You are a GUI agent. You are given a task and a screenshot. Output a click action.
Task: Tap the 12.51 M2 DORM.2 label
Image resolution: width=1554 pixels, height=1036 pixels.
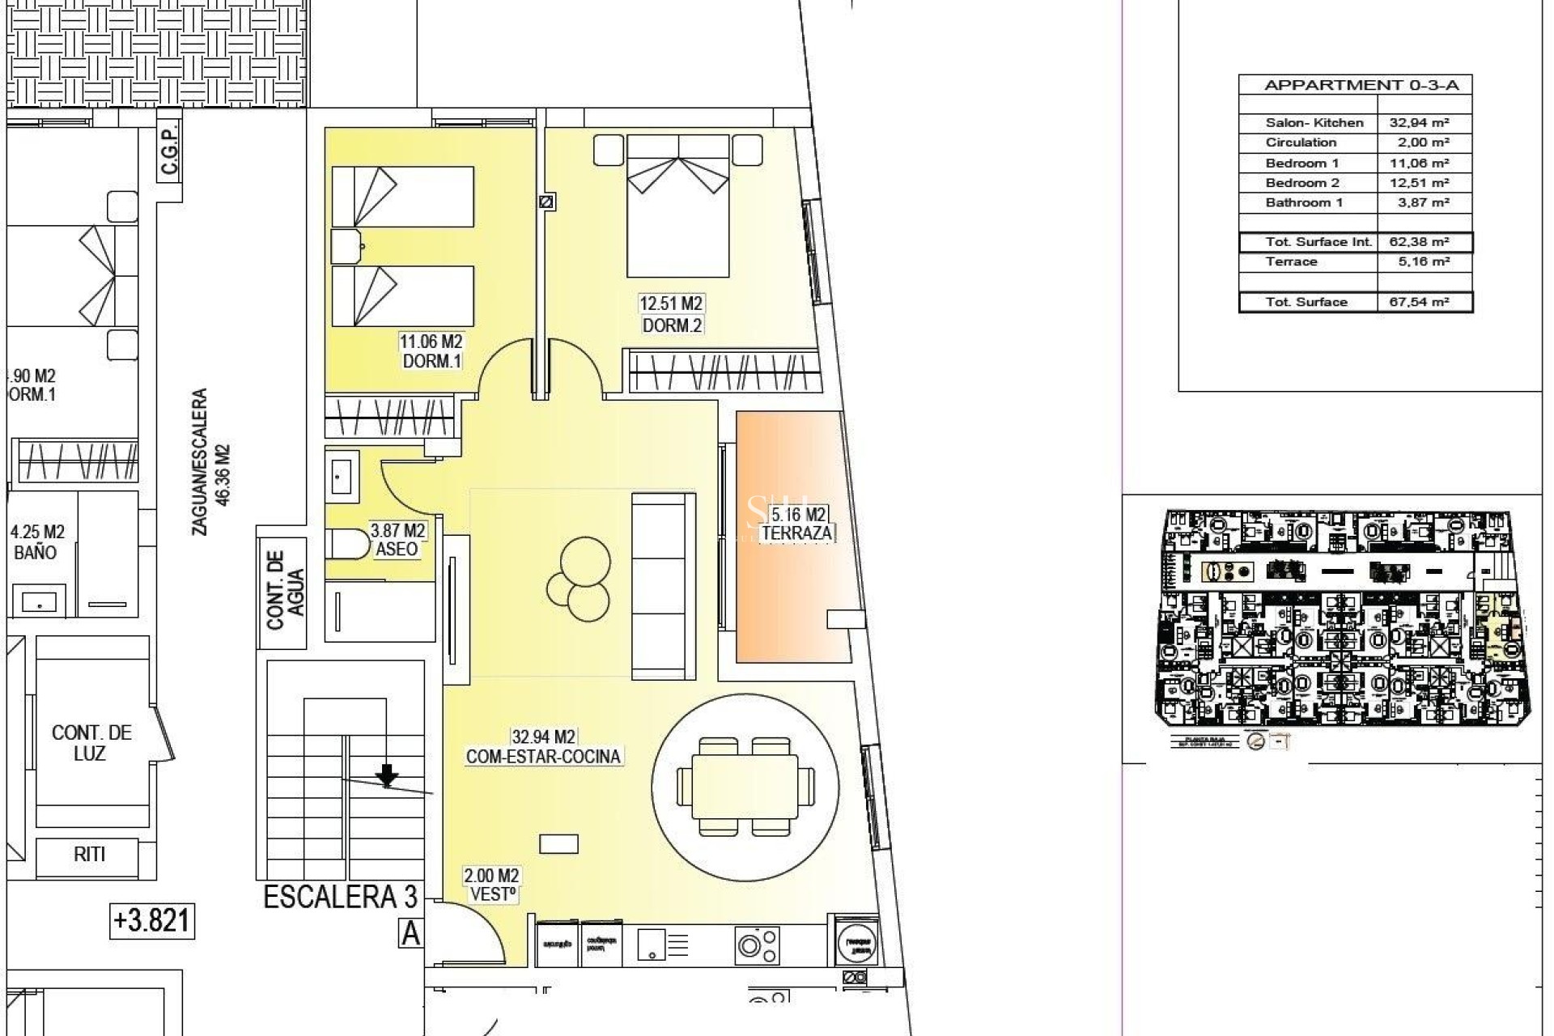click(671, 314)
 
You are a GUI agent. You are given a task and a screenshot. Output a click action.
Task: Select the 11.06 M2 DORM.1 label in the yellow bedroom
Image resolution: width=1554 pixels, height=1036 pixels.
click(431, 352)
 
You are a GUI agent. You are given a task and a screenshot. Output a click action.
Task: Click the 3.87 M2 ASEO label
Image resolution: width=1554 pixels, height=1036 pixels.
click(397, 540)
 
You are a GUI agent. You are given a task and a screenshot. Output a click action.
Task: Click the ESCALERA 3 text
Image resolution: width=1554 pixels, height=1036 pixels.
click(340, 897)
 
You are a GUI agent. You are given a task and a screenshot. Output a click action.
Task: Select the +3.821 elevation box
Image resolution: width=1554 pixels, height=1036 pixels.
click(152, 921)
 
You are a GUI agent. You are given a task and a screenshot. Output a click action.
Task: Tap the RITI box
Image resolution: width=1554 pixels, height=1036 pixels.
click(89, 854)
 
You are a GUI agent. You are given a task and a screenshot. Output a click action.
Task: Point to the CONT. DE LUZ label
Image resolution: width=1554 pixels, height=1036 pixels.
click(91, 742)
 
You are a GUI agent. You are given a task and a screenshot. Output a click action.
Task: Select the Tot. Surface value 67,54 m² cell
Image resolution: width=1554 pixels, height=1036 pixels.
click(1424, 302)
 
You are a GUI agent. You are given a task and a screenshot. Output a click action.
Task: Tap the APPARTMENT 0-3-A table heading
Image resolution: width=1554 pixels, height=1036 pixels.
click(1355, 85)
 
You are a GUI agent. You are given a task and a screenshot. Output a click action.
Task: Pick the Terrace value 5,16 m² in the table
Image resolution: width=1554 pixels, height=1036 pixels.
click(1424, 261)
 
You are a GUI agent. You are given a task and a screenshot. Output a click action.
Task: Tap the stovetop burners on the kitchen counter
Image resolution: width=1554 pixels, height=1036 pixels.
click(758, 945)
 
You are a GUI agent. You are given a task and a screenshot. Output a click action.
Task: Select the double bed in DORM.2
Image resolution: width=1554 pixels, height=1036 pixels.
click(678, 206)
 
